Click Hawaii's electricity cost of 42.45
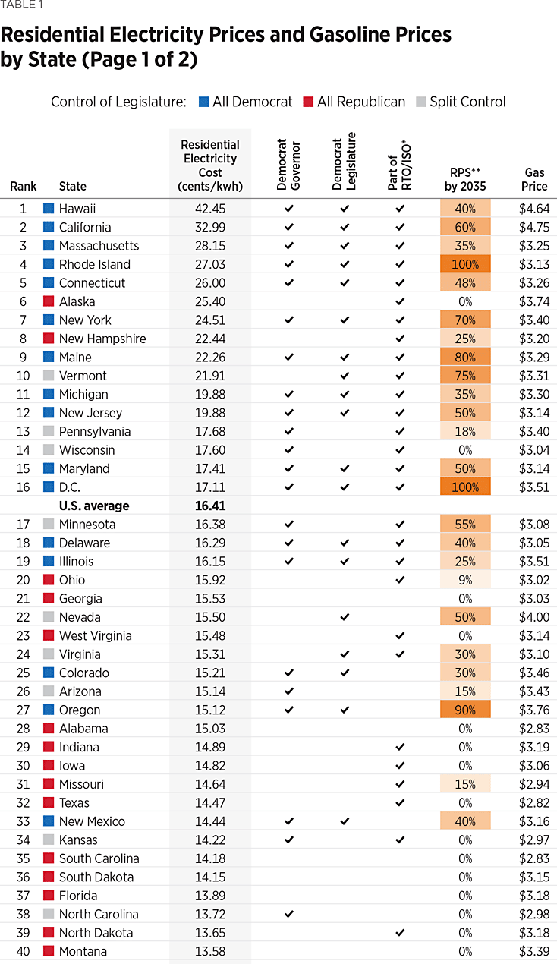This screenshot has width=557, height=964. click(x=210, y=209)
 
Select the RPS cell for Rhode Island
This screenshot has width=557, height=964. click(x=465, y=264)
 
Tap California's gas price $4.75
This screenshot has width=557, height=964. click(x=534, y=227)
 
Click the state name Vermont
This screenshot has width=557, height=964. click(x=83, y=376)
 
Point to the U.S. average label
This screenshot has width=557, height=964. click(x=94, y=506)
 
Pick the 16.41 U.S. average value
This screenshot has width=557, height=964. click(x=210, y=506)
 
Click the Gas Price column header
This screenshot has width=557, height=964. click(x=534, y=179)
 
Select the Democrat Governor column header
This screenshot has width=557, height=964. click(x=288, y=165)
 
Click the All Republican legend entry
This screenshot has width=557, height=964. click(x=354, y=102)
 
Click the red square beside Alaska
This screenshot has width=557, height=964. click(x=49, y=301)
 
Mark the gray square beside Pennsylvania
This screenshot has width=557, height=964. click(x=49, y=431)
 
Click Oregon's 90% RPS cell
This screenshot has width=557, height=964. click(x=465, y=710)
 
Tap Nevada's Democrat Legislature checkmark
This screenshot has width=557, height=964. click(x=344, y=617)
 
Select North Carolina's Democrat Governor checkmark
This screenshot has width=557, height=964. click(x=288, y=914)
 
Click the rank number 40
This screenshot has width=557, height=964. click(x=23, y=951)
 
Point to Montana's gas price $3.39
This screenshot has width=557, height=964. click(x=534, y=951)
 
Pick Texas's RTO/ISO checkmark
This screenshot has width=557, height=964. click(x=400, y=802)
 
